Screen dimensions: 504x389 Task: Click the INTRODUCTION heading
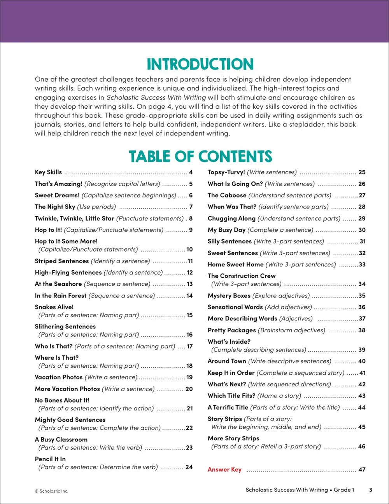[x=200, y=64]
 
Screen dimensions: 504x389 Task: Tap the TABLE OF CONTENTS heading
[x=200, y=156]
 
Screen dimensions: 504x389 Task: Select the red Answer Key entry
[x=224, y=469]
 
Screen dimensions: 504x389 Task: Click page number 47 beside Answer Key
[x=362, y=469]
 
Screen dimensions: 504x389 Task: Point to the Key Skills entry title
[x=48, y=172]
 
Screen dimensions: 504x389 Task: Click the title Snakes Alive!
[x=54, y=307]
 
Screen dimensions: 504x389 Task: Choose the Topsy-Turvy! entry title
[x=226, y=172]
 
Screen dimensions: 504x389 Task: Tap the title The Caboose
[x=227, y=195]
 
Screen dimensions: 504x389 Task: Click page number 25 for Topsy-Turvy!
[x=362, y=172]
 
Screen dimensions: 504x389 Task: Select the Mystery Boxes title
[x=229, y=295]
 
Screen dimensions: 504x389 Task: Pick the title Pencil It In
[x=50, y=459]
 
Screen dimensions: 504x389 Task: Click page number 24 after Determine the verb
[x=189, y=467]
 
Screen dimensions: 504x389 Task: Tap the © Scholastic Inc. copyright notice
[x=51, y=491]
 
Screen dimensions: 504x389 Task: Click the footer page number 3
[x=370, y=490]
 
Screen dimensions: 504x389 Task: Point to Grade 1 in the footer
[x=344, y=490]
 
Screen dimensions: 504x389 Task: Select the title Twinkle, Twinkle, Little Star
[x=74, y=218]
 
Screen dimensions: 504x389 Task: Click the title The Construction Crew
[x=242, y=276]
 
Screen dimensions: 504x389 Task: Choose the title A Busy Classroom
[x=61, y=439]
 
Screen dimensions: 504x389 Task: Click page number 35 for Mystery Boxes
[x=362, y=295]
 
